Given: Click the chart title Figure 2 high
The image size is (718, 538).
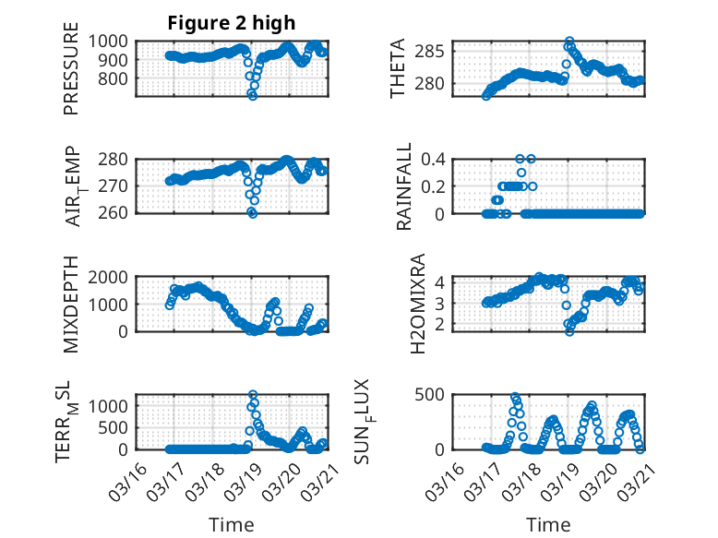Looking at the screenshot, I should point(232,23).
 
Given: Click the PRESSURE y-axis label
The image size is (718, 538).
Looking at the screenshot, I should point(71,75).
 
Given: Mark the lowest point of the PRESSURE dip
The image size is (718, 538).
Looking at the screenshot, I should point(253,96).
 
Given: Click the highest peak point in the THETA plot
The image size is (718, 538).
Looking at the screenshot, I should point(569,42).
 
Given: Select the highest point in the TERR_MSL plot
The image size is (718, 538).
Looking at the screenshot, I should point(253,395).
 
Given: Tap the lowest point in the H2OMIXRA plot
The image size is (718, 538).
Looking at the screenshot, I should point(569,331).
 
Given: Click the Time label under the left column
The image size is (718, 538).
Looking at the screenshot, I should point(232,524).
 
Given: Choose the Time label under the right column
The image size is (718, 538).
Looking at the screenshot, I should point(549,524).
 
